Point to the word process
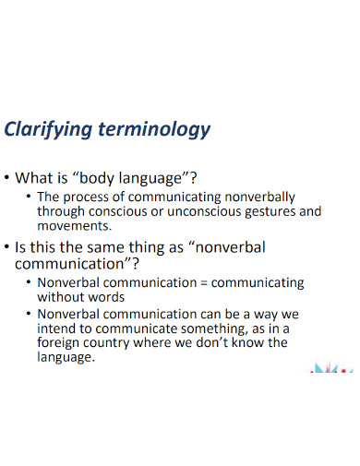pyautogui.click(x=90, y=197)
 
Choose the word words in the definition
pyautogui.click(x=108, y=298)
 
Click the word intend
pyautogui.click(x=57, y=329)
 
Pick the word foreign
pyautogui.click(x=60, y=343)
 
